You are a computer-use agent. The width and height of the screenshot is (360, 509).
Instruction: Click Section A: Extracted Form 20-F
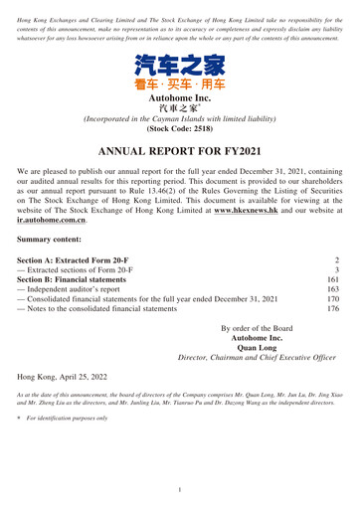(90, 324)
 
